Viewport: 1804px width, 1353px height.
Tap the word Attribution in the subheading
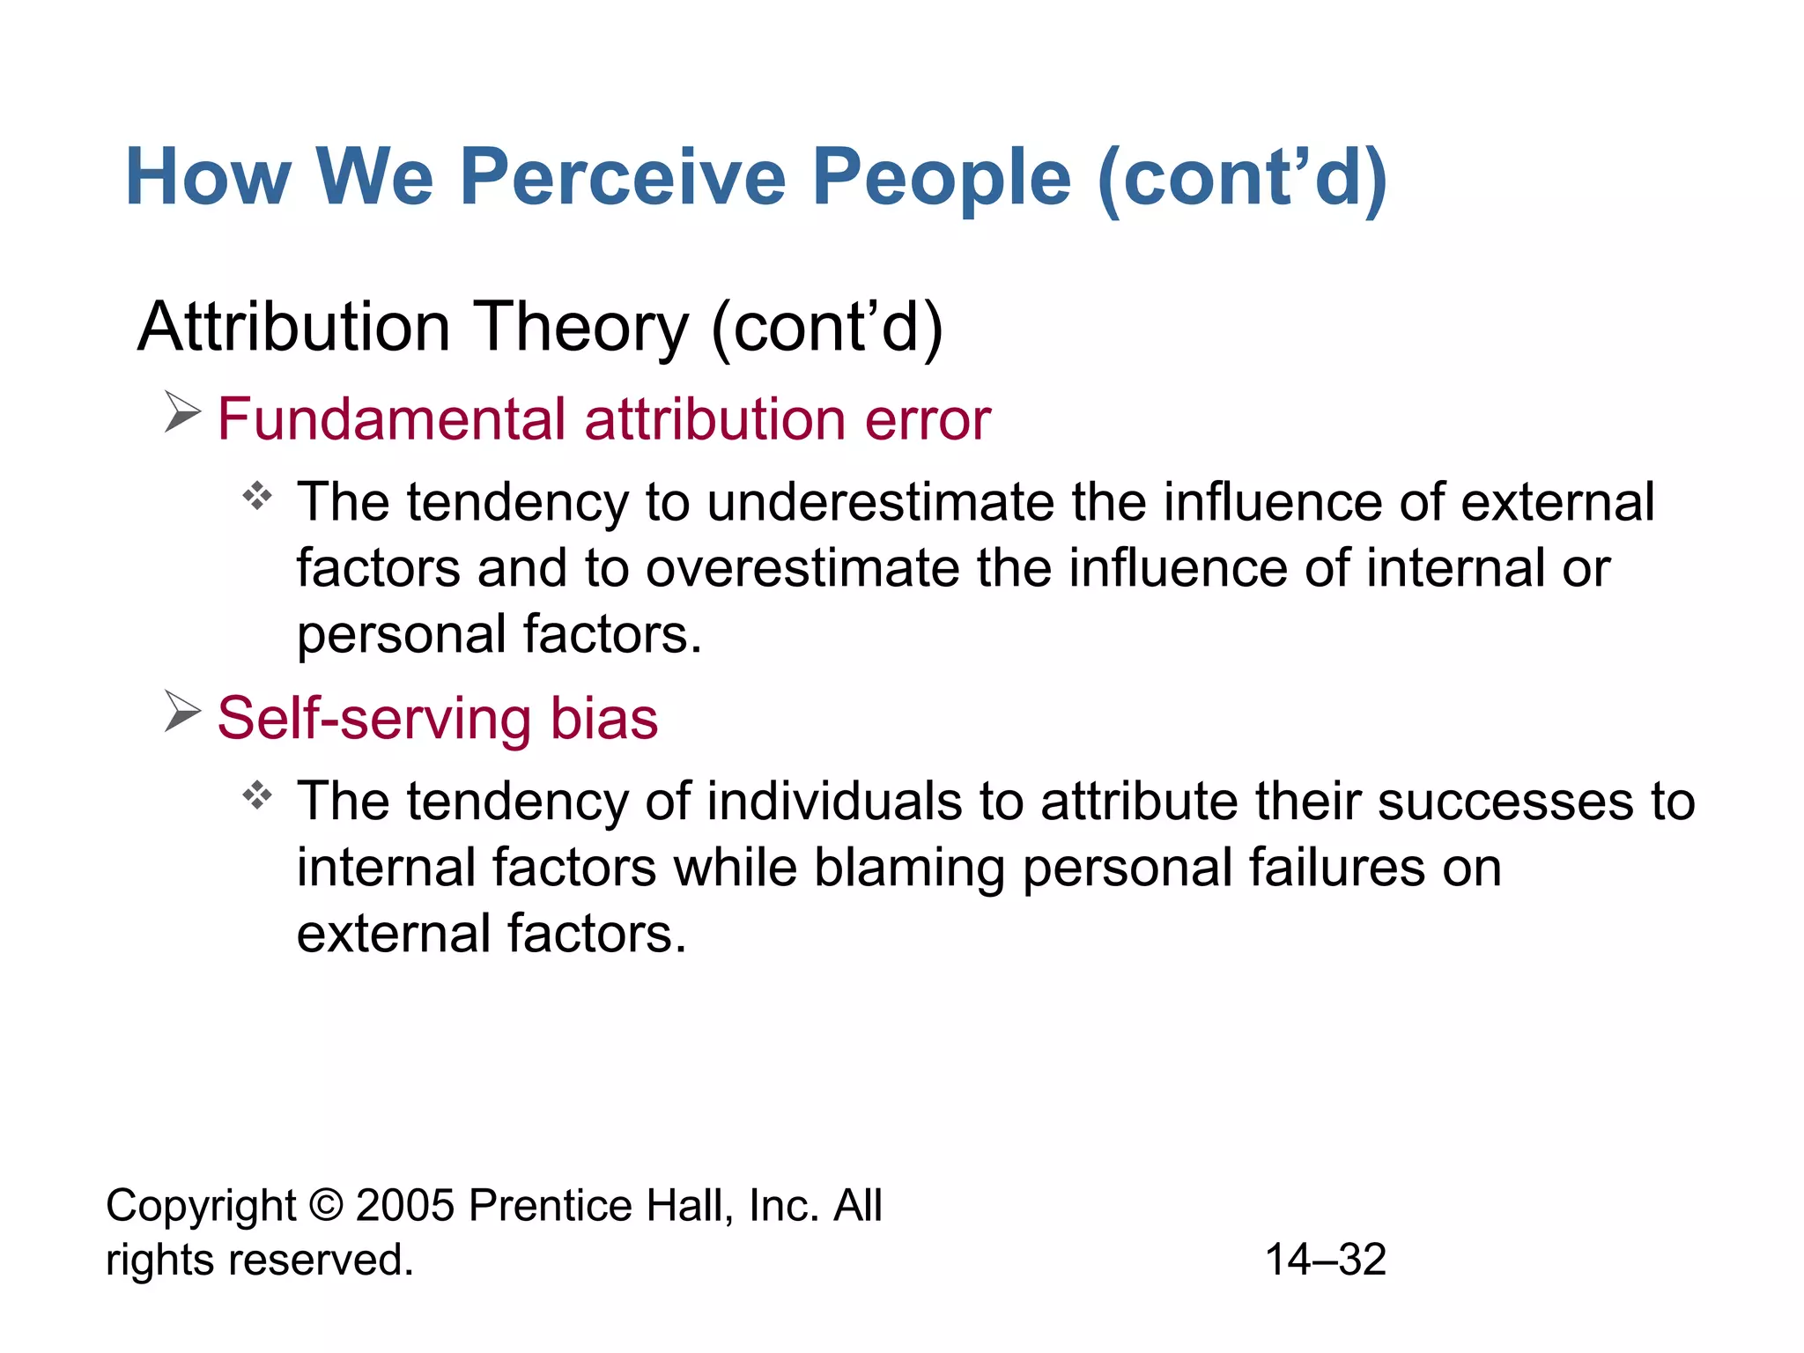click(294, 327)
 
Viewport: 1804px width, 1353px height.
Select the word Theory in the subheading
click(581, 327)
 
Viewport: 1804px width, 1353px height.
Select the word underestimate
click(880, 502)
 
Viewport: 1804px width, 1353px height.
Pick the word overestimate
click(802, 568)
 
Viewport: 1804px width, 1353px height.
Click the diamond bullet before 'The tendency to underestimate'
click(257, 496)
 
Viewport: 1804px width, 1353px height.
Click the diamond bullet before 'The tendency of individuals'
click(257, 795)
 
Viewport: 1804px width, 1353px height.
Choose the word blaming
click(908, 868)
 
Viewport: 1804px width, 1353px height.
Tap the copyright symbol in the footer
click(326, 1205)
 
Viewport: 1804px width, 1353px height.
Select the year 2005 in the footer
click(404, 1205)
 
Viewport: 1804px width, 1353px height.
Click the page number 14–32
click(1325, 1260)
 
